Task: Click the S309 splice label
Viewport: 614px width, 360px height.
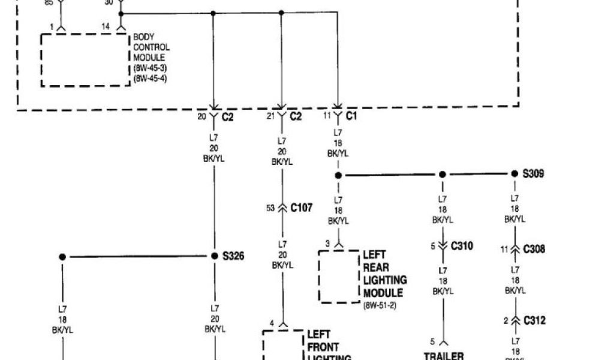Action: point(534,174)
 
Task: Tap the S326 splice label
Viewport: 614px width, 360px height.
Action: point(234,256)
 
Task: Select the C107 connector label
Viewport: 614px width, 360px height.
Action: point(301,208)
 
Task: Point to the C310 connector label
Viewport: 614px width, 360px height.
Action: point(462,245)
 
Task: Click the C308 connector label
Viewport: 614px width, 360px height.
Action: point(534,249)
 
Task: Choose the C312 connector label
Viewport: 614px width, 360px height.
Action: point(535,320)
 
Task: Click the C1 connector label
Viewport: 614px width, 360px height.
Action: point(351,116)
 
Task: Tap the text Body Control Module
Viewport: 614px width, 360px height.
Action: point(151,47)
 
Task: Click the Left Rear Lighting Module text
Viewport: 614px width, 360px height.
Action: point(384,274)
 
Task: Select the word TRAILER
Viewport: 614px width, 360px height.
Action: point(444,355)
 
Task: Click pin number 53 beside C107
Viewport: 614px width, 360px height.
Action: point(270,208)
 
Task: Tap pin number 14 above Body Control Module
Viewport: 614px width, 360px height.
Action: point(106,27)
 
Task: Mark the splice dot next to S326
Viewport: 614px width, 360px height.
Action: point(215,256)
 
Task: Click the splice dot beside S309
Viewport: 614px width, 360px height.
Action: point(514,174)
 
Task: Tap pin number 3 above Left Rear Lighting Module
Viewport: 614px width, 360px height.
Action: point(327,243)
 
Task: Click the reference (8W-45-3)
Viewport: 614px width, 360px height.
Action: point(150,68)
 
